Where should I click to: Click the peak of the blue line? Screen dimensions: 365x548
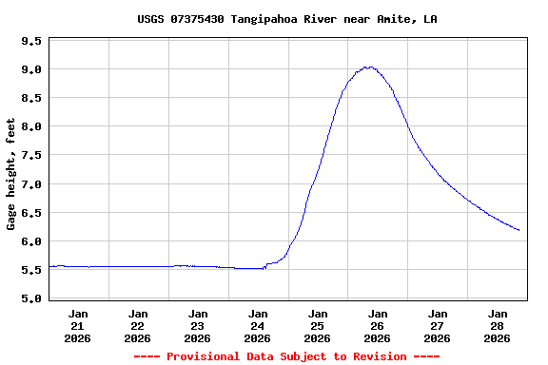click(x=368, y=67)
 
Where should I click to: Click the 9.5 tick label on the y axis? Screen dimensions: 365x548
click(x=31, y=41)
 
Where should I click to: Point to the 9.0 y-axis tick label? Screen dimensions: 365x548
click(x=31, y=69)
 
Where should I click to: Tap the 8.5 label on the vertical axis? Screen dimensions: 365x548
click(x=31, y=98)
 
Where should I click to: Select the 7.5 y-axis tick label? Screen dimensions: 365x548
click(x=31, y=155)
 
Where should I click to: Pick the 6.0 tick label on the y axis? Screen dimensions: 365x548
click(x=31, y=240)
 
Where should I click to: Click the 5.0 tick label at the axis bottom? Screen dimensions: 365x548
click(x=31, y=298)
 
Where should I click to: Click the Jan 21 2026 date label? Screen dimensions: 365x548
click(x=78, y=325)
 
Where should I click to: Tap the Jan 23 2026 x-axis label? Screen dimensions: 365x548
click(x=198, y=325)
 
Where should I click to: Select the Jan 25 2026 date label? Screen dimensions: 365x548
click(x=318, y=325)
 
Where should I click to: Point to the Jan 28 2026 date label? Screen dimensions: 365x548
click(x=498, y=325)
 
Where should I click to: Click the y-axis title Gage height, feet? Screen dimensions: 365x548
click(x=11, y=174)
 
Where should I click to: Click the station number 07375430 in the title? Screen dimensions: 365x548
click(x=198, y=19)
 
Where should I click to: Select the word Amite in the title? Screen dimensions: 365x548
click(x=384, y=19)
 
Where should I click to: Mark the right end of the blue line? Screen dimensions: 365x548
click(x=519, y=230)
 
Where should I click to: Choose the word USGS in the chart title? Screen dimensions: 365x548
click(x=150, y=19)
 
